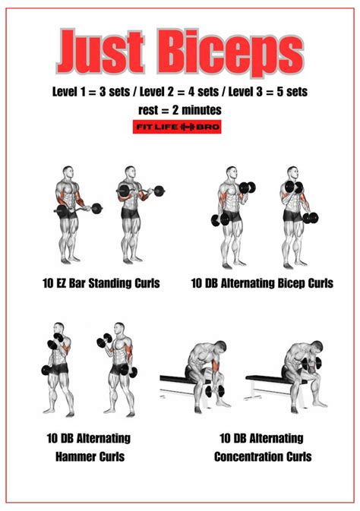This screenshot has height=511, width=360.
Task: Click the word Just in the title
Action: (x=100, y=52)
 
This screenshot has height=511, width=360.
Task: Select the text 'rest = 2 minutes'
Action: (x=179, y=110)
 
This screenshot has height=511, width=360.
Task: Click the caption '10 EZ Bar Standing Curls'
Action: (x=100, y=284)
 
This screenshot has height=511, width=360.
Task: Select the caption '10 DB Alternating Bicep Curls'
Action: (x=262, y=284)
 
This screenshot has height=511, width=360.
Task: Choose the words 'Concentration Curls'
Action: (x=262, y=456)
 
